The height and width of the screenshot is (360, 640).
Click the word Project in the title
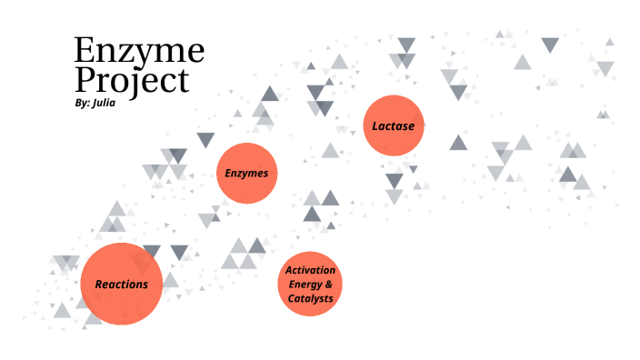pos(131,80)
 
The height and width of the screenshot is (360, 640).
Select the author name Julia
pos(104,103)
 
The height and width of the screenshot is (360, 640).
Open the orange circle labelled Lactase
pos(394,125)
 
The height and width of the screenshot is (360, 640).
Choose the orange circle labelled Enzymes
pos(246,173)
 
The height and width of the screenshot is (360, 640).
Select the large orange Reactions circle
pos(121,284)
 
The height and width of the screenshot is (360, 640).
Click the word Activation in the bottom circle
pos(310,271)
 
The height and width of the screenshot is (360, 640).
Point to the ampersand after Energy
pos(329,285)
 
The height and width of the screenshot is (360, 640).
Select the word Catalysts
pos(310,298)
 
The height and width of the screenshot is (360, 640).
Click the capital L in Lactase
pos(375,125)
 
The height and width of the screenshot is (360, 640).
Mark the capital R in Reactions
pos(98,284)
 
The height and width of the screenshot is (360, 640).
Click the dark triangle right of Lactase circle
pos(458,143)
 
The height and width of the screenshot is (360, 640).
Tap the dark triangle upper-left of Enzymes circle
pos(205,139)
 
